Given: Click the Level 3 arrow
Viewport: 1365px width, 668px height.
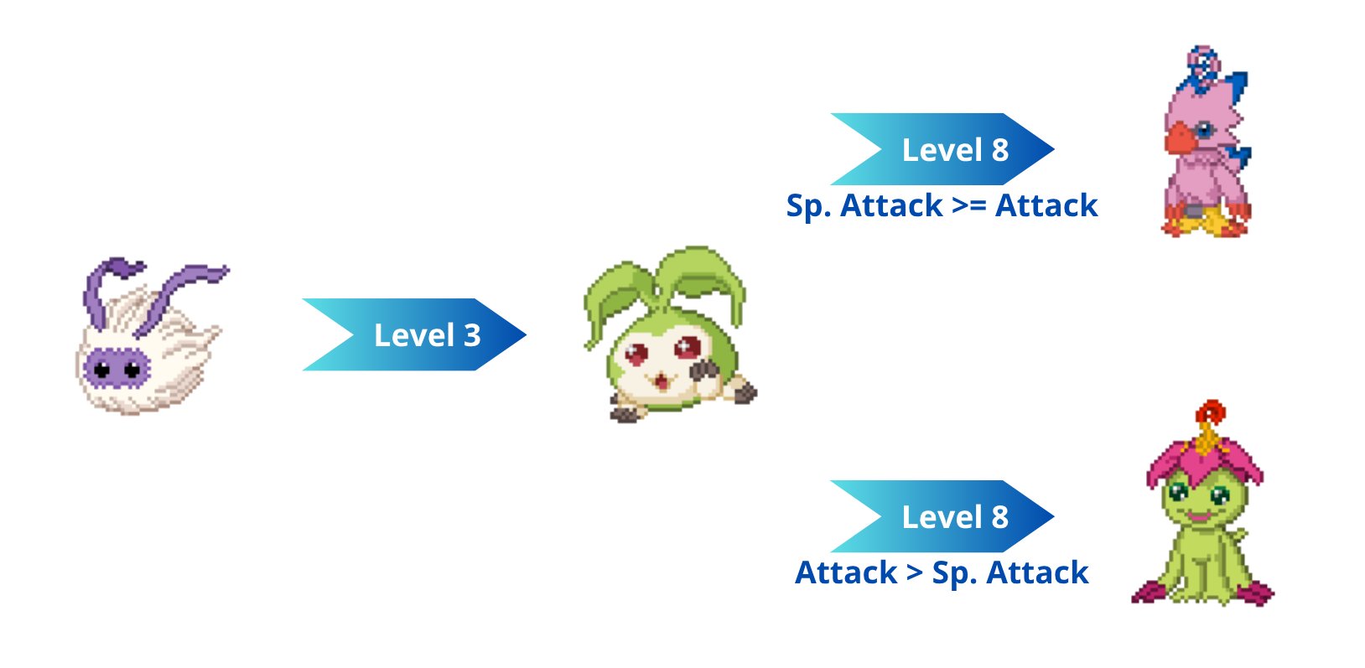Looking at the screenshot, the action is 414,334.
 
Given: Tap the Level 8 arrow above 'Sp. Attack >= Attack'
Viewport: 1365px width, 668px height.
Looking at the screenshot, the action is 942,149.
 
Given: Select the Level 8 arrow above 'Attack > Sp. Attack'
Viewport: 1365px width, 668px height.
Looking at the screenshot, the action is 942,516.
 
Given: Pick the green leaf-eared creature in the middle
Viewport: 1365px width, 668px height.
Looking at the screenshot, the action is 670,334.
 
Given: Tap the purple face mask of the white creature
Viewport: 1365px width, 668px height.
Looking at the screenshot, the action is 117,368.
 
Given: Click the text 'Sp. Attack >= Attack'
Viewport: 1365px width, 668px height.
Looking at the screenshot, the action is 942,206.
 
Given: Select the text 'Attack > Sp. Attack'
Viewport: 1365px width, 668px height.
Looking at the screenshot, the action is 942,573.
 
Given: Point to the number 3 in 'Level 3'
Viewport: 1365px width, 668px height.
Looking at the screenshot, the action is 472,335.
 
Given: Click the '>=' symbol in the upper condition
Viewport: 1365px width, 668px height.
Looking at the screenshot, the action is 969,206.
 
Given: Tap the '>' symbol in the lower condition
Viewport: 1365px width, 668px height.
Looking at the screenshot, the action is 914,573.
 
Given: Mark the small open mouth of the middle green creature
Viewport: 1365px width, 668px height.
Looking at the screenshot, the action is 660,382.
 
